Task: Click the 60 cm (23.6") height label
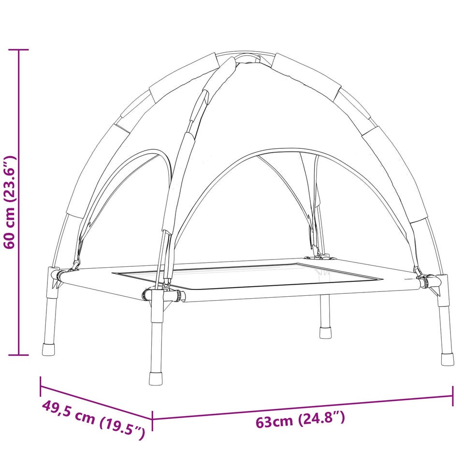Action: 10,203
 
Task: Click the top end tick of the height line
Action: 19,50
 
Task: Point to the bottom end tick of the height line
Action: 19,354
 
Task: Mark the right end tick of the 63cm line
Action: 452,396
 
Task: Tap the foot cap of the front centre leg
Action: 156,378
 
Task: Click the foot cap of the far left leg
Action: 48,349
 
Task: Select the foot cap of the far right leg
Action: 447,359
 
